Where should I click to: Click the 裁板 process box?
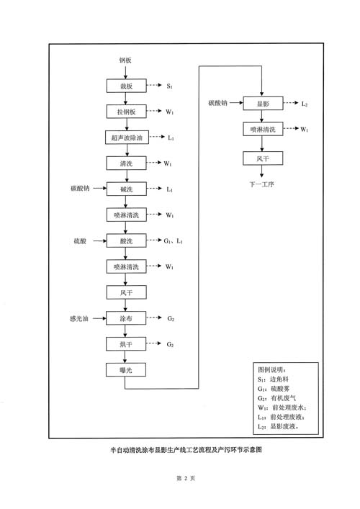point(126,86)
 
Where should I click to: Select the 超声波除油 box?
point(127,138)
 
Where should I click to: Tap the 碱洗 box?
point(126,189)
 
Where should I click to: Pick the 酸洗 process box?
point(126,241)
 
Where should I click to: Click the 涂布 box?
point(126,318)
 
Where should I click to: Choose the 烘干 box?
point(126,344)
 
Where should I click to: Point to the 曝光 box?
point(125,370)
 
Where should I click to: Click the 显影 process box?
point(263,103)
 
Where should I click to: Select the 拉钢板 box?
point(126,112)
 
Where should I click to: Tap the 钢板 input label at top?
point(125,60)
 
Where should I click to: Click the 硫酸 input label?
point(80,241)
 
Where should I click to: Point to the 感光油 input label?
point(79,318)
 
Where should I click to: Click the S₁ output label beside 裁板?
point(169,86)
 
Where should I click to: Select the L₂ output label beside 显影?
point(304,104)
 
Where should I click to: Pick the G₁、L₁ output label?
point(173,241)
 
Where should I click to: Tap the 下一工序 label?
point(261,184)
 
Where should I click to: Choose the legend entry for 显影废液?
point(278,426)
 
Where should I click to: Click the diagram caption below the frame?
point(186,450)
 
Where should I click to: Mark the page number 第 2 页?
point(186,478)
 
